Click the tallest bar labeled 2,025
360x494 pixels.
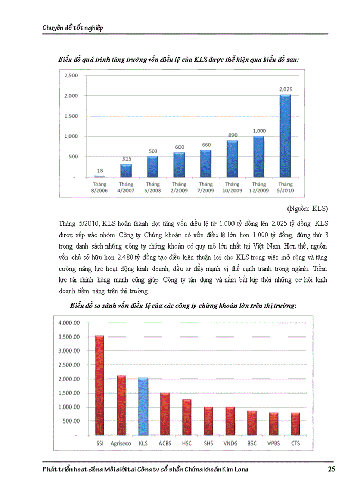tap(285, 136)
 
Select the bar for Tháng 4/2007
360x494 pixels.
tap(125, 170)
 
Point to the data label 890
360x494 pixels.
tap(232, 135)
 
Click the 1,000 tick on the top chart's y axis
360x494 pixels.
tap(71, 136)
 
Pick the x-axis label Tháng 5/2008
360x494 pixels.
tap(152, 187)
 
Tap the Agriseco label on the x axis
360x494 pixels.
tap(121, 443)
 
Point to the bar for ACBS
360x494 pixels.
tap(165, 414)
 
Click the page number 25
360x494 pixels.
tap(332, 469)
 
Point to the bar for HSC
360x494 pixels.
tap(186, 417)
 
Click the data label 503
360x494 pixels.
tap(152, 151)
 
